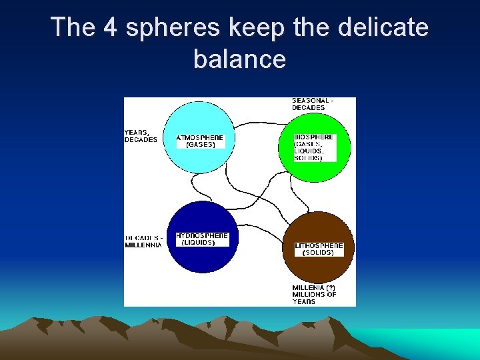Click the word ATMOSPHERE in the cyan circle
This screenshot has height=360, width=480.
(200, 138)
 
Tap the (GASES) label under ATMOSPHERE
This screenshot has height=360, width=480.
(200, 145)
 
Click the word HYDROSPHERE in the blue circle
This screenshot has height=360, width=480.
(202, 236)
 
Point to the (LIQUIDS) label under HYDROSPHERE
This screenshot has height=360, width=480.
(198, 243)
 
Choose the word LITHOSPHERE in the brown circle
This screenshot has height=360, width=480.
(319, 246)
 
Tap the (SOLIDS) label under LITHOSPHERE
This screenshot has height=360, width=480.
(318, 253)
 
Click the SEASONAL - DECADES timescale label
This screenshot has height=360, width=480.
(312, 104)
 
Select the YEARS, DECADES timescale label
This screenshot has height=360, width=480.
(141, 136)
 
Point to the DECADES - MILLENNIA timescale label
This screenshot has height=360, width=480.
(143, 241)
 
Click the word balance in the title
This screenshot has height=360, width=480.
(239, 59)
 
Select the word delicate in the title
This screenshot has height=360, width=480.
(383, 27)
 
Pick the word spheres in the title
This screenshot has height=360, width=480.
(169, 29)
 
